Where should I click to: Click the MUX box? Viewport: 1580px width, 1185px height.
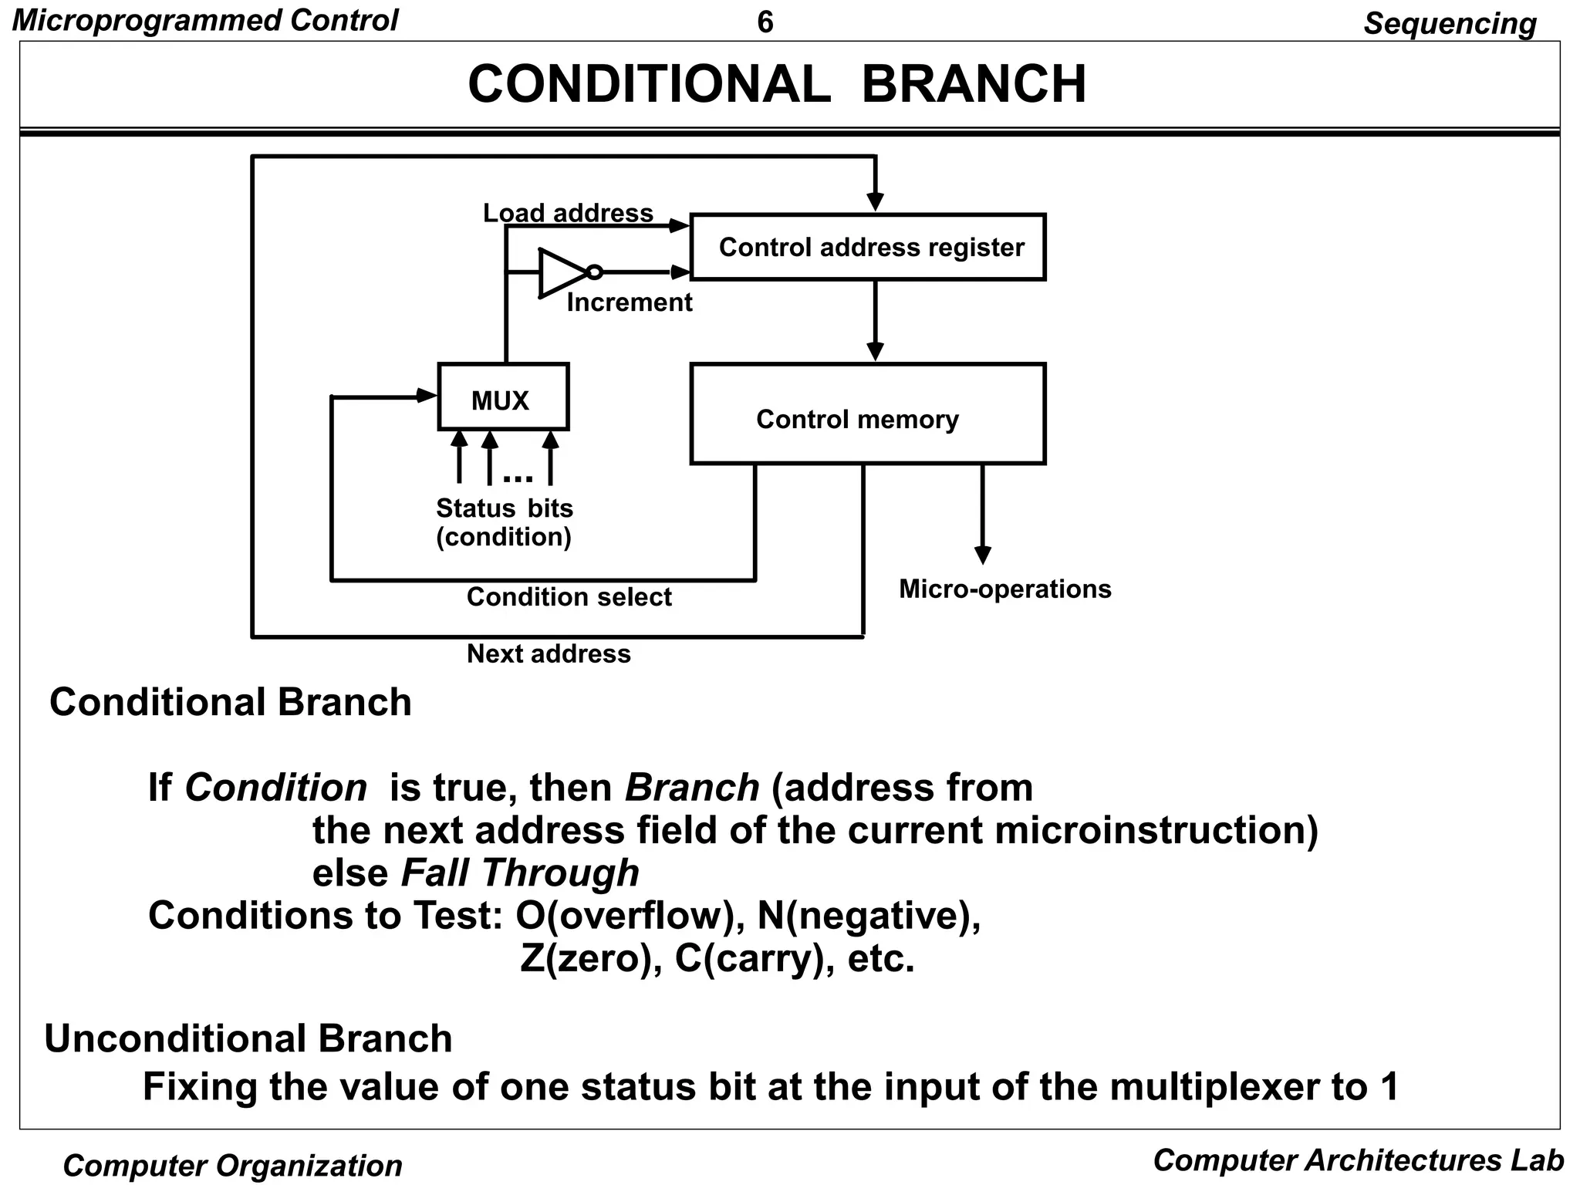503,397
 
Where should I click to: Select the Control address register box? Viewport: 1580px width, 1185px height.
868,247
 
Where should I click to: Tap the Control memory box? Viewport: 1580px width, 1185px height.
868,414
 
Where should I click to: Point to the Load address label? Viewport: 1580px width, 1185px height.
568,213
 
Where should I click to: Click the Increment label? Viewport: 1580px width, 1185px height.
630,302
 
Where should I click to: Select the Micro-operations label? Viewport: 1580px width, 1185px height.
1004,589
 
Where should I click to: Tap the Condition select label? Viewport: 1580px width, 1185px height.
569,596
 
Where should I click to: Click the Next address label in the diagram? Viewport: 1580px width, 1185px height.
549,653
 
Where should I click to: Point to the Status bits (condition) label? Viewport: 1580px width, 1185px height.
505,522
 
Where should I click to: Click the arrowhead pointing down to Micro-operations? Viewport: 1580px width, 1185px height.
982,555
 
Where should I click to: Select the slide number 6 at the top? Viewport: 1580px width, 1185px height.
765,22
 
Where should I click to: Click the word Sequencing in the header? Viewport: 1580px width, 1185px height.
1449,23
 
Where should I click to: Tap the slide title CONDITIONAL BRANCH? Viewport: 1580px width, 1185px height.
777,83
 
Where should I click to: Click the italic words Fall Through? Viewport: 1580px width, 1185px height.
520,873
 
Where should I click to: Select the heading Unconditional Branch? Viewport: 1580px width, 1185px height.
248,1038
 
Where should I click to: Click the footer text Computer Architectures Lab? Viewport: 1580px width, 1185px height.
1358,1160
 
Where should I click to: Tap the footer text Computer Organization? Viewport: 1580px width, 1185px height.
232,1165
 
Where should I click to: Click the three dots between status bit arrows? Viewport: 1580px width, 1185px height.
518,478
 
